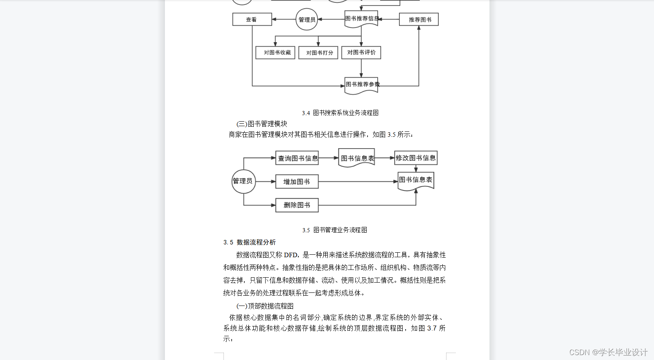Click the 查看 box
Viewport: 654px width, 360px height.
click(x=252, y=19)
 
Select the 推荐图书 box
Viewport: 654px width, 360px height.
click(x=419, y=19)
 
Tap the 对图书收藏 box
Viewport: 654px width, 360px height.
click(x=275, y=52)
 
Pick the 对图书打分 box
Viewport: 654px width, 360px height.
click(x=318, y=52)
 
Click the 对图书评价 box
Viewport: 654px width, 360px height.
click(x=361, y=52)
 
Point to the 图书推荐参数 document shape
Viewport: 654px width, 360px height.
click(x=361, y=85)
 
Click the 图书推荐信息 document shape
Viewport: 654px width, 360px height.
click(x=361, y=19)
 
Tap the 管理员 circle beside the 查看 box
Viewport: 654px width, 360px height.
click(x=307, y=19)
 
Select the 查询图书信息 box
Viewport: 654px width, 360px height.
click(x=297, y=158)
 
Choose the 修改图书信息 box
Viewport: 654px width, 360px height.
click(x=415, y=158)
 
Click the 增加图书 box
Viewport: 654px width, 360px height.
click(x=297, y=181)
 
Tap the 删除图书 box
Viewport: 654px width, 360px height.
click(x=297, y=205)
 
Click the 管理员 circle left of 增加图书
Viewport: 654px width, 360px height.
click(x=243, y=181)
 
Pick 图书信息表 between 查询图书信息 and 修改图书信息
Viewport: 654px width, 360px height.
click(x=356, y=158)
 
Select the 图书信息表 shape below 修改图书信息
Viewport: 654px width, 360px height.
click(x=415, y=180)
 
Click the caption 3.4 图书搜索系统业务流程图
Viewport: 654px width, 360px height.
click(x=341, y=113)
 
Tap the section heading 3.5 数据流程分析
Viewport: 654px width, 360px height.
click(x=250, y=242)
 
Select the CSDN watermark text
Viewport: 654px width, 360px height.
click(x=608, y=352)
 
